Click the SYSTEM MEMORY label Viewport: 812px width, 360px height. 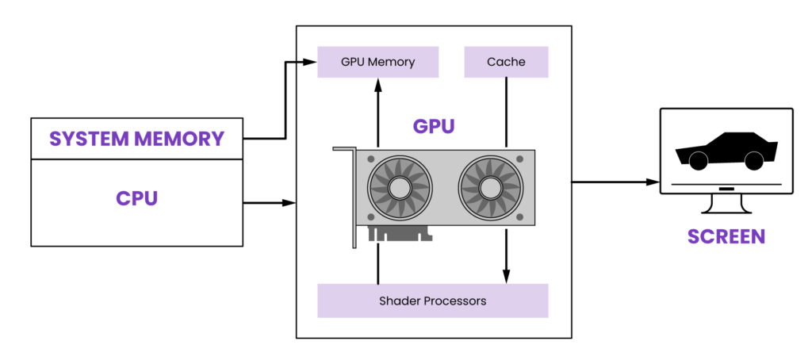coord(136,139)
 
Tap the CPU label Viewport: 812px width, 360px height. coord(136,197)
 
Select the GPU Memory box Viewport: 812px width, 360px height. coord(377,62)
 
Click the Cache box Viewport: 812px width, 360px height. coord(506,62)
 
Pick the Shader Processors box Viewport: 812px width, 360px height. coord(432,301)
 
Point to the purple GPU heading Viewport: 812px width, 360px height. coord(434,126)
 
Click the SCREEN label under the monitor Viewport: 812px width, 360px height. coord(726,236)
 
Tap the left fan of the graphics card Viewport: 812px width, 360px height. coord(400,189)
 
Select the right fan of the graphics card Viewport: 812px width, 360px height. coord(490,189)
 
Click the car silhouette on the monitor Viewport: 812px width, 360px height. coord(726,151)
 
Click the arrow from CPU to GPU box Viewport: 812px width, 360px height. coord(270,203)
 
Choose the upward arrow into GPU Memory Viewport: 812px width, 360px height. coord(377,111)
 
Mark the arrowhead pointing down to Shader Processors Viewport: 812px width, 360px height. coord(506,277)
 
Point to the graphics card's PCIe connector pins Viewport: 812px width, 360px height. coord(400,235)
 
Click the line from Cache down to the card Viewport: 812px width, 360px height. coord(506,111)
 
